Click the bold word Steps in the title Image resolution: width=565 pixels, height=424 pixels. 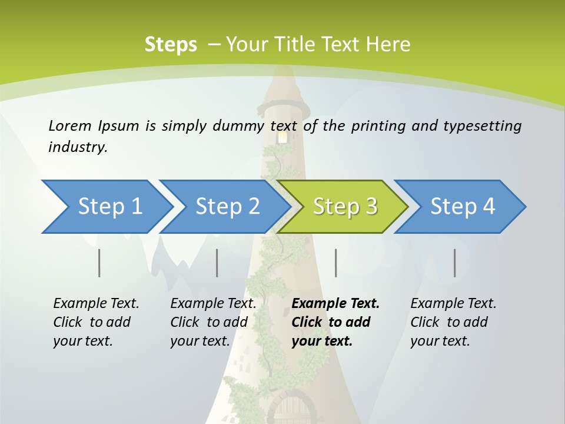pos(171,44)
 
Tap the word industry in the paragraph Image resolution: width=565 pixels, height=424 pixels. pos(77,147)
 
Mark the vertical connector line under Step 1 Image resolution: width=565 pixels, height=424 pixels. pos(99,263)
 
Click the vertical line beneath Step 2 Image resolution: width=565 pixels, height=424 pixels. pos(217,263)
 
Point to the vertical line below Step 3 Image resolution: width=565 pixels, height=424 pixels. pos(335,263)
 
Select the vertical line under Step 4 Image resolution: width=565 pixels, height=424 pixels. pos(454,263)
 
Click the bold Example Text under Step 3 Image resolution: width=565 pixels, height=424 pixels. pos(335,304)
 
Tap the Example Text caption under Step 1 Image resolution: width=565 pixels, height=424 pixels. pos(96,304)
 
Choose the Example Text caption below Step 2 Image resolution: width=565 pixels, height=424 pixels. pos(213,304)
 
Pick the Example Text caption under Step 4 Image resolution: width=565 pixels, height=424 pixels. pos(453,304)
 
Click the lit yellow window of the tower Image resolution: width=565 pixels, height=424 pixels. pos(283,137)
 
